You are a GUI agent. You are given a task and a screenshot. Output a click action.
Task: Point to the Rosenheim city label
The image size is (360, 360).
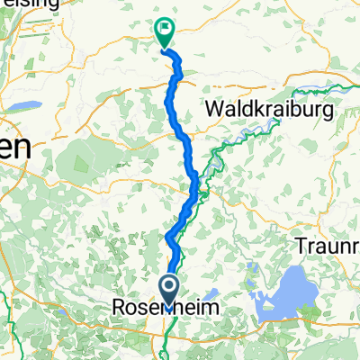[170, 309]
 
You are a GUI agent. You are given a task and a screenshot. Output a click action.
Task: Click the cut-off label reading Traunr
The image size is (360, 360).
[328, 244]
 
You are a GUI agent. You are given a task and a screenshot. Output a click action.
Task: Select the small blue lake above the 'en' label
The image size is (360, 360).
[22, 106]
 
